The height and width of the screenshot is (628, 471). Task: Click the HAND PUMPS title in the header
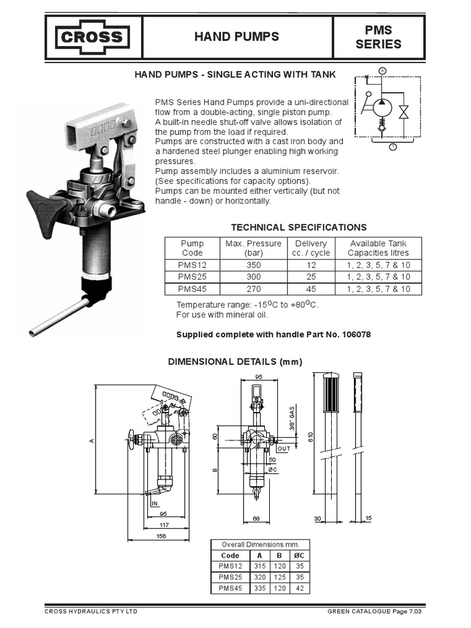[x=236, y=37]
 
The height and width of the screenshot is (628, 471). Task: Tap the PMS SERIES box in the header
[x=378, y=37]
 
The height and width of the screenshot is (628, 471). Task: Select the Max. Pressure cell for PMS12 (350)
[x=253, y=265]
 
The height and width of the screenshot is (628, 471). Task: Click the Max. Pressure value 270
[x=253, y=288]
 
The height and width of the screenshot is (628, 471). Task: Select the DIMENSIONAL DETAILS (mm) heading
[x=235, y=362]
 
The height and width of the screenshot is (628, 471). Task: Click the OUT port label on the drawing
[x=283, y=448]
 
